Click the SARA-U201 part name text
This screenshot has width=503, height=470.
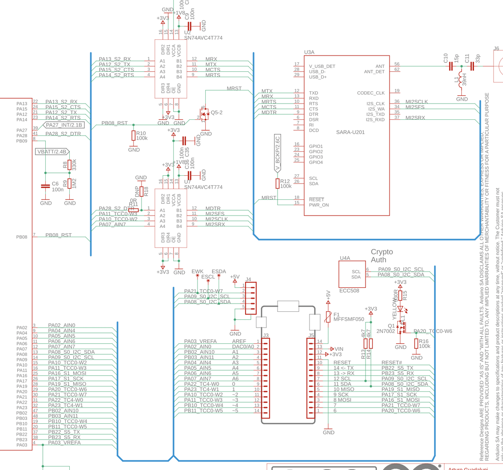pos(350,132)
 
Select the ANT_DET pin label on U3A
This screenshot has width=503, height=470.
pos(374,72)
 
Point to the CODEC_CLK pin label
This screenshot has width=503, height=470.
pos(371,93)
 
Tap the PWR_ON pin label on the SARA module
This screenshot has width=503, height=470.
pos(319,205)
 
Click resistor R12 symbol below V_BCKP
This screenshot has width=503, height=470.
pos(277,184)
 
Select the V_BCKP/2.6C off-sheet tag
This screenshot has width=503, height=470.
pos(277,153)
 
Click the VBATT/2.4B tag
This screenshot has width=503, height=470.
pos(52,152)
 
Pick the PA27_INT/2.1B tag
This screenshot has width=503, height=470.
pos(64,125)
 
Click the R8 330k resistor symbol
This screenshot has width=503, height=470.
pos(70,166)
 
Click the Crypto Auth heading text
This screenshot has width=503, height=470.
pos(382,256)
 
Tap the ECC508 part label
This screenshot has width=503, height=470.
pos(349,290)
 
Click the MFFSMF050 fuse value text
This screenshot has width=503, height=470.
pos(349,319)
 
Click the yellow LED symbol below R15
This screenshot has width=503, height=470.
pos(400,309)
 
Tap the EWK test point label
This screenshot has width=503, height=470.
pos(184,272)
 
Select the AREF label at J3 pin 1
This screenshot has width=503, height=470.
pos(239,341)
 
